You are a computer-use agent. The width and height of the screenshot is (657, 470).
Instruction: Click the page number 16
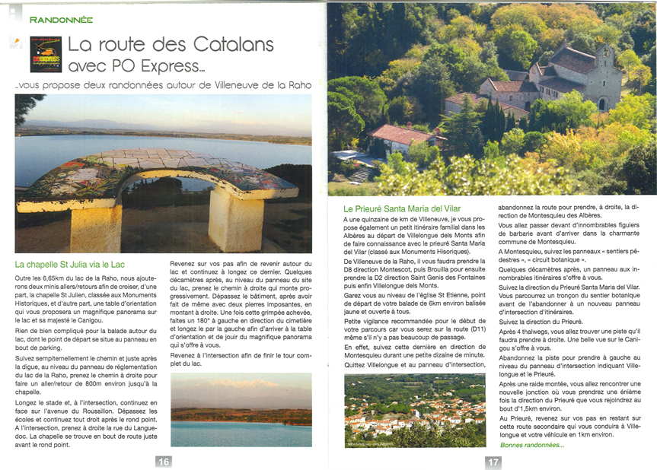[164, 461]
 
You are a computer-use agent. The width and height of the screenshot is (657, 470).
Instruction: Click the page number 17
[493, 461]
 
